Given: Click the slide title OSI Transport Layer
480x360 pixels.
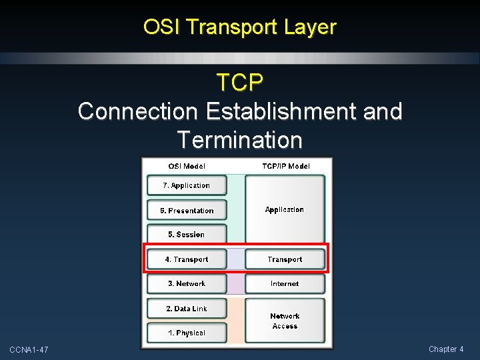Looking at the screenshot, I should (240, 27).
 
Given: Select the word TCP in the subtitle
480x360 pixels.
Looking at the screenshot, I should (240, 83).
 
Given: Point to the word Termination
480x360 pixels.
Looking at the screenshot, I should (240, 140).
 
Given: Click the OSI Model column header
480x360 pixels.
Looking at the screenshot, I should (187, 166).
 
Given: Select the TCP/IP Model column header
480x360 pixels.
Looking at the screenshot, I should (285, 166).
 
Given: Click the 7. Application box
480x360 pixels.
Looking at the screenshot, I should (187, 185).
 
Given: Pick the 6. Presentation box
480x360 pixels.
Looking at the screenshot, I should (187, 211).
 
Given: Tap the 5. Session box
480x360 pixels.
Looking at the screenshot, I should (187, 235).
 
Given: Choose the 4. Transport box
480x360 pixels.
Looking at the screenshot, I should (187, 259).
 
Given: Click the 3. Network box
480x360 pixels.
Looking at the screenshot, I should (187, 284).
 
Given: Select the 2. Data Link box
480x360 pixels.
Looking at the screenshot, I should (187, 309).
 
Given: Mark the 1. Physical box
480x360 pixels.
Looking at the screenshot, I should (187, 333).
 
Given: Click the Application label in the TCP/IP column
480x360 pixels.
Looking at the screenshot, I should (285, 210).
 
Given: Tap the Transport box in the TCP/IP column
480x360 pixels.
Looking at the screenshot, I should (285, 259).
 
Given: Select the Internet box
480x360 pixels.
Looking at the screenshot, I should (285, 284).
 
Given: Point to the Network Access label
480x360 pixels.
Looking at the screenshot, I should (285, 321).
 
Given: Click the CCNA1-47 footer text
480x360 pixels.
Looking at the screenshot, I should (29, 350).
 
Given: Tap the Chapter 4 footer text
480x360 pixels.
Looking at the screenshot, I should (446, 349).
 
